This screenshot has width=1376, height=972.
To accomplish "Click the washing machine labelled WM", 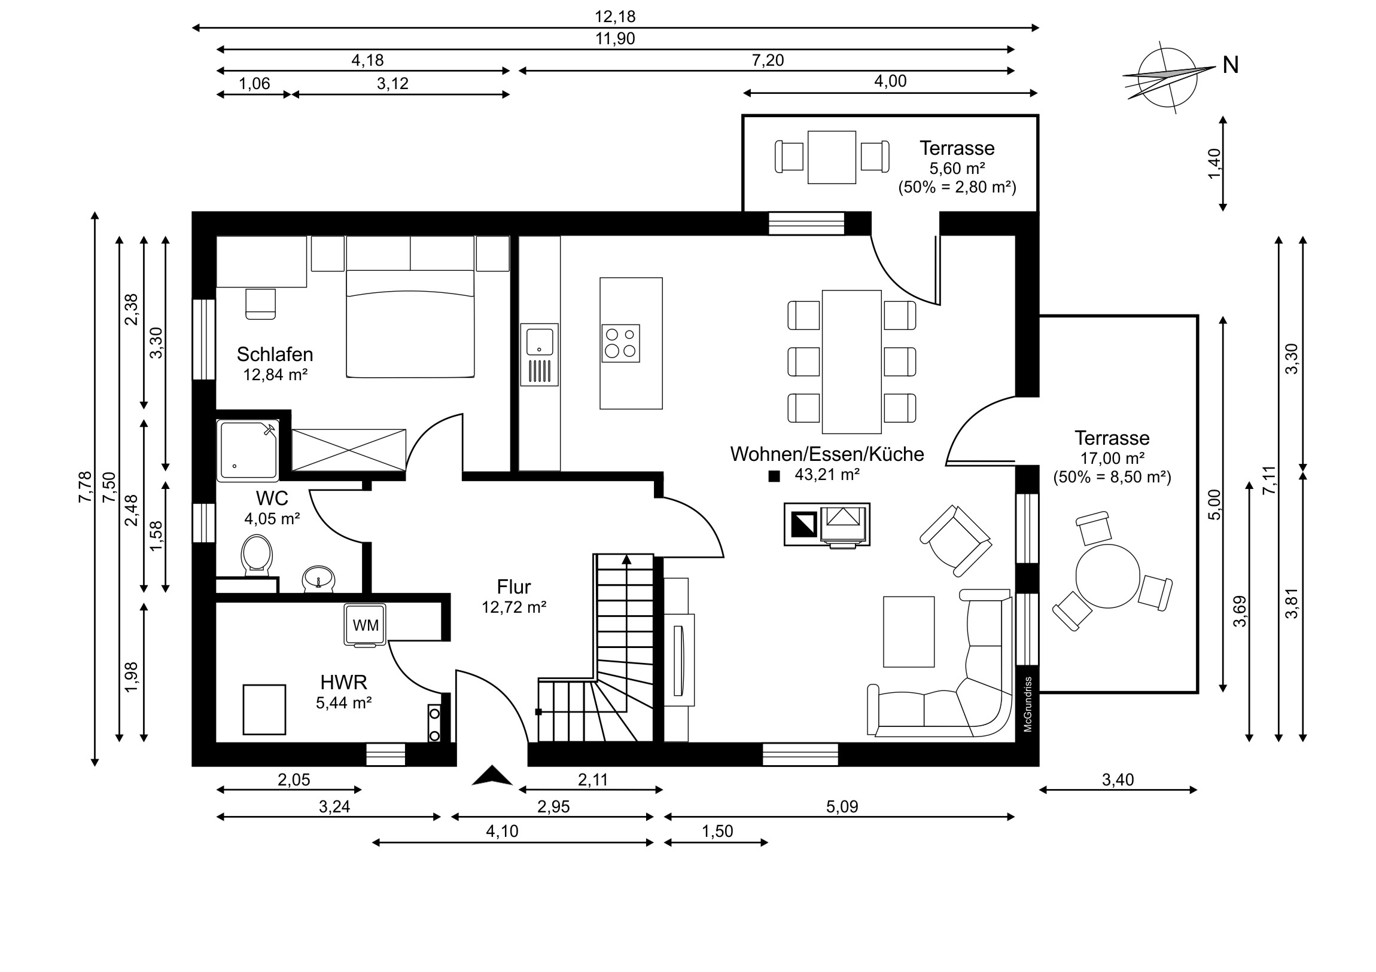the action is click(365, 625).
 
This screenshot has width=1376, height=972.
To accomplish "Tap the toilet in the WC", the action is click(257, 555).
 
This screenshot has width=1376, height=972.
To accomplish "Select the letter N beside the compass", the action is click(1231, 65).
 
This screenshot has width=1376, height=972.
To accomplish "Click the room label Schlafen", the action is click(275, 354).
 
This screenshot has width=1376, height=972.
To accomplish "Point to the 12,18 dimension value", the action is click(615, 17).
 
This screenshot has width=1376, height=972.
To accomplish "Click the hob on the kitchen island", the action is click(621, 343).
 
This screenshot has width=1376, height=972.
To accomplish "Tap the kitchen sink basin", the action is click(540, 341).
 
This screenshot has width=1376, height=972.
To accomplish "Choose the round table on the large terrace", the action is click(1107, 576).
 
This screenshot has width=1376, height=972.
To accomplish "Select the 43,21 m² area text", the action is click(827, 475).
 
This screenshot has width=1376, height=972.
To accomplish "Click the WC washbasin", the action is click(319, 579).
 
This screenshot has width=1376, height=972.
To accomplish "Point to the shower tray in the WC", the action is click(248, 450).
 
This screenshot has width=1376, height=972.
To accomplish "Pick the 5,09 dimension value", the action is click(842, 806).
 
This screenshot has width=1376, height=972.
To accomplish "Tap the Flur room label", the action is click(513, 587).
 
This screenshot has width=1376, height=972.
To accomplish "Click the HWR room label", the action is click(343, 682).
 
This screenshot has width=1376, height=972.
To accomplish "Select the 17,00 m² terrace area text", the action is click(1112, 459).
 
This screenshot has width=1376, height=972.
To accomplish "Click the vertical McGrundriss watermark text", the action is click(1028, 704).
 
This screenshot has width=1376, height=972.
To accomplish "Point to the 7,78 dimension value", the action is click(85, 487).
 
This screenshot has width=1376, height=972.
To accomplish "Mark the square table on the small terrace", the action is click(832, 157).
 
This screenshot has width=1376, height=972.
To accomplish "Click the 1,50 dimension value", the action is click(717, 832).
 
